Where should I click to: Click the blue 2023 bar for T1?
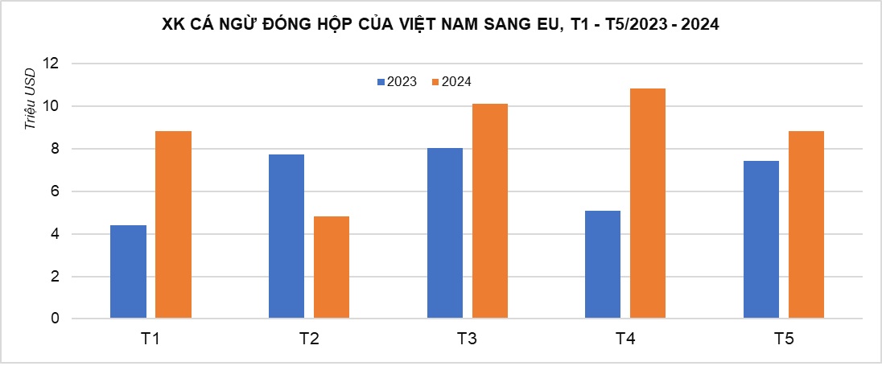[129, 272]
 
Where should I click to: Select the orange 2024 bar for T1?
[173, 225]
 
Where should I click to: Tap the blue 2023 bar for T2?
[286, 236]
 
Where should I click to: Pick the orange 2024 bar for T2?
[331, 267]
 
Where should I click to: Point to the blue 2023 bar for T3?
[445, 233]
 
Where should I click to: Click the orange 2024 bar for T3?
[489, 211]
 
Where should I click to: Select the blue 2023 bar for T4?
[603, 265]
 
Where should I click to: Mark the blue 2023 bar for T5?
[761, 240]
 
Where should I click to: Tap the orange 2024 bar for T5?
[806, 225]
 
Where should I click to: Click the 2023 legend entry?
[396, 81]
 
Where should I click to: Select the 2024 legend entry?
[451, 81]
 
